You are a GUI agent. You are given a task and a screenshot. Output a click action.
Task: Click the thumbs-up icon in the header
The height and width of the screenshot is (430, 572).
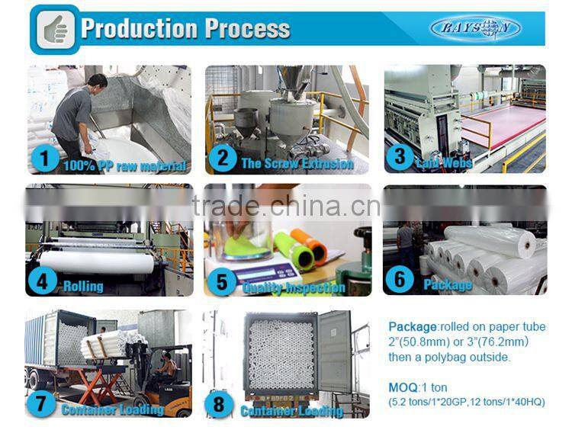pos(54,28)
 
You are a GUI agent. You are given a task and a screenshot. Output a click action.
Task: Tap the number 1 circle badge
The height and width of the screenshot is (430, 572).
pos(45,159)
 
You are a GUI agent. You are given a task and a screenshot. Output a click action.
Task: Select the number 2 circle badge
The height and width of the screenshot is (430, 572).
pos(222,159)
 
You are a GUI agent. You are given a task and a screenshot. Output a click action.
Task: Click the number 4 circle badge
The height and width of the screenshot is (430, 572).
pos(43,282)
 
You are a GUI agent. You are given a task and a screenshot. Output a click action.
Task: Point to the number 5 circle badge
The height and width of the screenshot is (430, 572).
pos(222,283)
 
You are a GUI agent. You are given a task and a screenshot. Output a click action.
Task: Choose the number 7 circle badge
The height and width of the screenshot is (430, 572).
pos(43,403)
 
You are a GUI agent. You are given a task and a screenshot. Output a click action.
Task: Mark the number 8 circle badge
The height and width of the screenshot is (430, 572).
pos(220,404)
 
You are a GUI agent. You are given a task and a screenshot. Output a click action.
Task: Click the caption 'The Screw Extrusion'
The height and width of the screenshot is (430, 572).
pos(297,163)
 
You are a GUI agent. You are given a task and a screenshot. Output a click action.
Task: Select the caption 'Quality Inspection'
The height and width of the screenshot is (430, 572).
pos(294,288)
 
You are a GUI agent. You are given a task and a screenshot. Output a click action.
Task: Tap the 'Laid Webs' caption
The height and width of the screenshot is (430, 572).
pos(445,162)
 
